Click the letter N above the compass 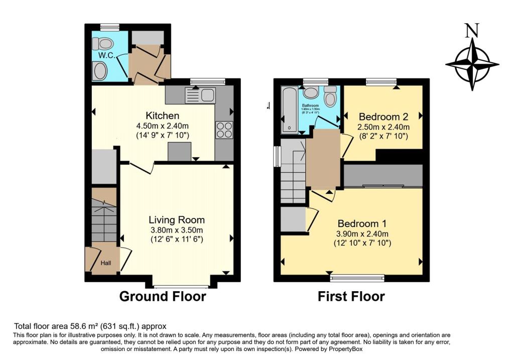(471, 31)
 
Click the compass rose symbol (472, 64)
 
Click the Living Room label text (177, 220)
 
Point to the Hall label (106, 263)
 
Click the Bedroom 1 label (362, 223)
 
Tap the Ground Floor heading (162, 297)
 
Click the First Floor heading (351, 297)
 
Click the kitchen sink (200, 95)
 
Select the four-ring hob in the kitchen (224, 131)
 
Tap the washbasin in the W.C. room (100, 71)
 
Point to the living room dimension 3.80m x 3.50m (177, 230)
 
